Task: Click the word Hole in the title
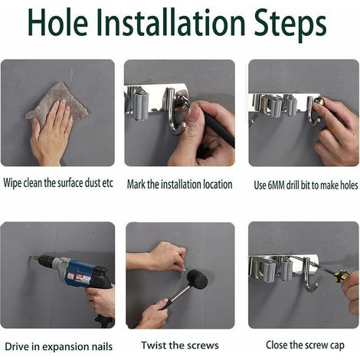(x=58, y=23)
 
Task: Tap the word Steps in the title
(x=290, y=25)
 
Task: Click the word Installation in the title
(x=171, y=23)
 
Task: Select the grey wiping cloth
(x=57, y=101)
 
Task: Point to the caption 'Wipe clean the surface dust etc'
(x=58, y=183)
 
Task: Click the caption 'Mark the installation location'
(x=180, y=185)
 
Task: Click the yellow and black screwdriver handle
(x=341, y=276)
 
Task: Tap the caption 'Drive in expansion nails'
(x=59, y=347)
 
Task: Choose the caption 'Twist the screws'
(x=180, y=345)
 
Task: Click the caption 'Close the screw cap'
(x=305, y=345)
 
